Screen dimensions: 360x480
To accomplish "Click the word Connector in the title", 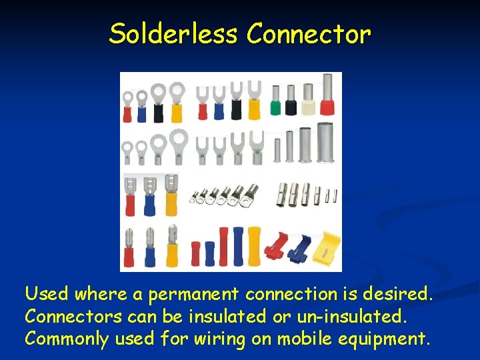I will [x=308, y=33].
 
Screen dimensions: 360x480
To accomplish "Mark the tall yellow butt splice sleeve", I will [x=254, y=246].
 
